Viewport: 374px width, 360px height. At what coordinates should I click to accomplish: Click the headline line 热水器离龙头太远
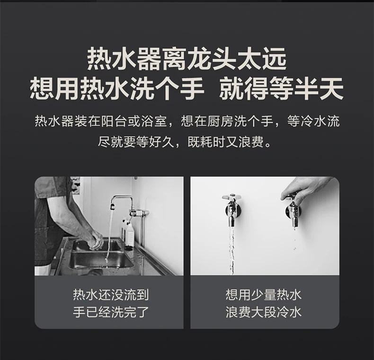click(x=187, y=59)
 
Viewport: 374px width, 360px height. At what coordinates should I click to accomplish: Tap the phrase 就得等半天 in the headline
click(x=282, y=88)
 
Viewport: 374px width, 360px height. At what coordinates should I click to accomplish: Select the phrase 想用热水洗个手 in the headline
click(x=117, y=88)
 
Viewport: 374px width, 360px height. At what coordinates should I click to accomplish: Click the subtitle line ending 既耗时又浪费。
click(x=185, y=142)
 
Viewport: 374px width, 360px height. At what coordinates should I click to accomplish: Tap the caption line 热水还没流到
click(x=111, y=295)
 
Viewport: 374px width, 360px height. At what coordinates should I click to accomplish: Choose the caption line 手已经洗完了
click(x=111, y=312)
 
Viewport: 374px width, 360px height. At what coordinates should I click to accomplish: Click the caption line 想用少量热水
click(x=264, y=295)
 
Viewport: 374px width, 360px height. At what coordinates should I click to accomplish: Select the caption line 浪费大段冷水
click(x=264, y=312)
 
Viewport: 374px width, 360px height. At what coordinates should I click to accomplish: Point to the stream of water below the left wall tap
click(x=232, y=250)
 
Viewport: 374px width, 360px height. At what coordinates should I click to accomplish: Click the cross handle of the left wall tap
click(x=232, y=197)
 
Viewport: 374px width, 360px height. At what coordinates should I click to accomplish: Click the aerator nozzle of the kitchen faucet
click(x=112, y=206)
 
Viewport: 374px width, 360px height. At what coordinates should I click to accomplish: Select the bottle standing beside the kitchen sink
click(x=130, y=234)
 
